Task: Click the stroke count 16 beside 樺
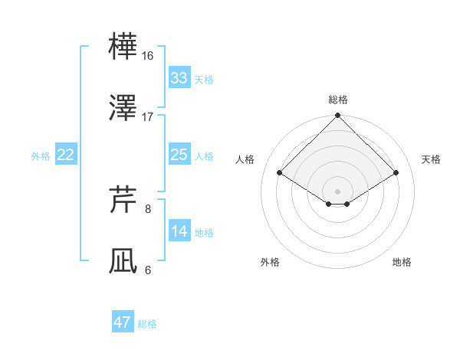[x=148, y=57]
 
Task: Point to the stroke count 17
[x=148, y=116]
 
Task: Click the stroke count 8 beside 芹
[x=148, y=208]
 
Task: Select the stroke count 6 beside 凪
[x=148, y=269]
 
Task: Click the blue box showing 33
[x=179, y=78]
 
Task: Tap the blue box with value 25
[x=179, y=155]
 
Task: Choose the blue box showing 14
[x=179, y=231]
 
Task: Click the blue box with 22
[x=66, y=155]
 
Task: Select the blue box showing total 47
[x=123, y=322]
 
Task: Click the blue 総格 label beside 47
[x=147, y=324]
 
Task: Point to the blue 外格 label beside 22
[x=41, y=156]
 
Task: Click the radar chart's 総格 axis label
[x=338, y=100]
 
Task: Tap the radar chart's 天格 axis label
[x=432, y=159]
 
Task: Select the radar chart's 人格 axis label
[x=246, y=159]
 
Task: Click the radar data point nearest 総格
[x=338, y=116]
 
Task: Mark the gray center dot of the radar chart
[x=338, y=191]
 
